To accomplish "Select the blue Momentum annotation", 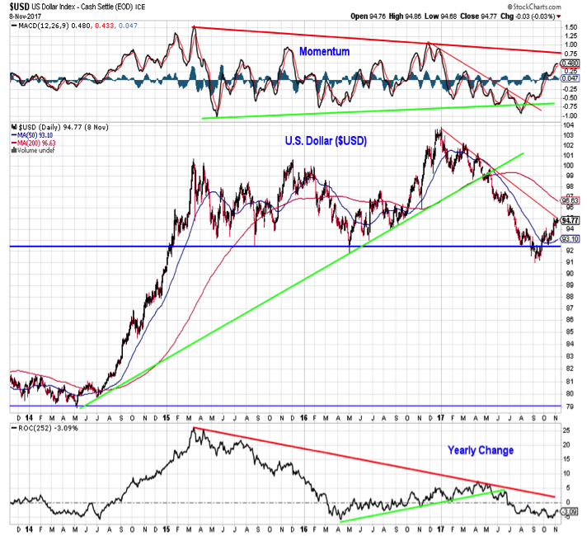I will [x=324, y=51].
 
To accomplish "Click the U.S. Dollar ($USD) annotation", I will [x=326, y=142].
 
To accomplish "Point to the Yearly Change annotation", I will [x=481, y=450].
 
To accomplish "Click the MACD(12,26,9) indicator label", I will [x=40, y=26].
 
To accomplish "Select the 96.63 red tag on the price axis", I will [x=567, y=200].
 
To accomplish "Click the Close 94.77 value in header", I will [x=487, y=16].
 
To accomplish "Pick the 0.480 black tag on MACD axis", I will [x=567, y=63].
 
